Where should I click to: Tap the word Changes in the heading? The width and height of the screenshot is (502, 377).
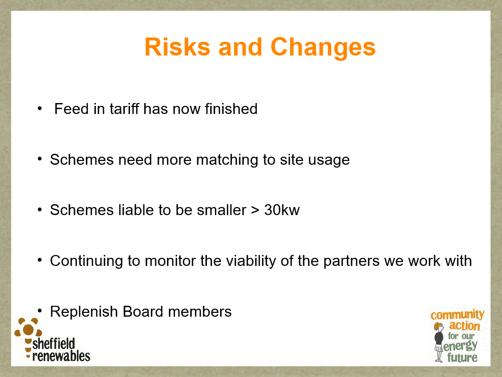[x=323, y=48]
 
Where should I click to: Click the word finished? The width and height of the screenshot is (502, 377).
[x=231, y=109]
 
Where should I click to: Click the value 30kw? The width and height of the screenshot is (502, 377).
[x=282, y=210]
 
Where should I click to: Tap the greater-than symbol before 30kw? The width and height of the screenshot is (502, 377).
[x=255, y=211]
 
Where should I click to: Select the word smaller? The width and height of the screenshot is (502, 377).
[x=222, y=210]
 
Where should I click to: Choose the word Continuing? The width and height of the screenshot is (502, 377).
[x=86, y=261]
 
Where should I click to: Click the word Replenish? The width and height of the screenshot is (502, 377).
[x=84, y=312]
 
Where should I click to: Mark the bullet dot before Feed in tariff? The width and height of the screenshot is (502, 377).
[x=40, y=108]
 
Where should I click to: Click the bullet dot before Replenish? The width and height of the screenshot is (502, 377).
[x=40, y=311]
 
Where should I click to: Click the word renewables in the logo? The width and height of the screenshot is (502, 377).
[x=61, y=356]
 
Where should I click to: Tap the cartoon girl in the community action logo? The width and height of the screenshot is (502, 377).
[x=438, y=342]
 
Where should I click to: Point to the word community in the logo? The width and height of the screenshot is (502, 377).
[x=457, y=315]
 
